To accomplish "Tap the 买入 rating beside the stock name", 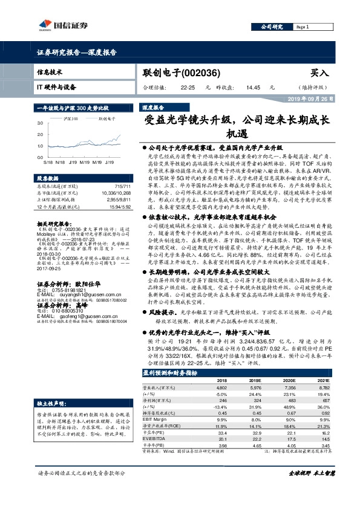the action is coord(319,72).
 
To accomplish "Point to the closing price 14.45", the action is coord(253,87).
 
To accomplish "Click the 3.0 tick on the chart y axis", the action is coord(40,123).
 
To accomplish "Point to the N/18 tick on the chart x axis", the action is coord(61,162).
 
